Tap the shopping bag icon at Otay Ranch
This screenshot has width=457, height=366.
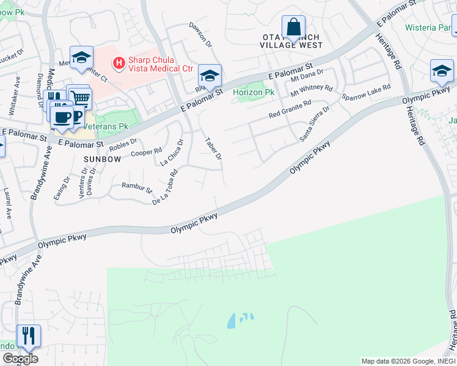[x=293, y=27]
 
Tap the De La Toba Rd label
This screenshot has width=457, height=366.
[x=165, y=187]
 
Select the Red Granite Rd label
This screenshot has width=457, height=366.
[x=290, y=109]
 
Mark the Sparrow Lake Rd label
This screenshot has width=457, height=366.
[x=365, y=93]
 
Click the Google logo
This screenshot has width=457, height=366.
[x=20, y=359]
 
